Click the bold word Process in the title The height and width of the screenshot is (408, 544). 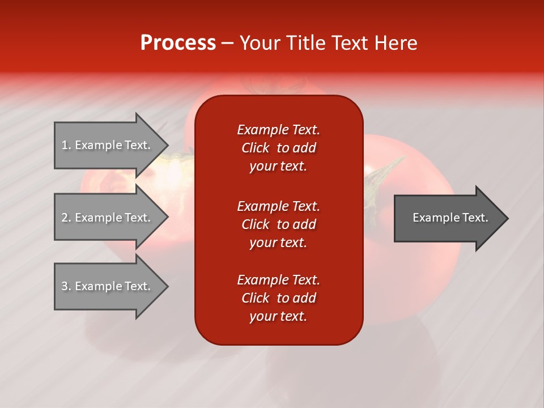178,43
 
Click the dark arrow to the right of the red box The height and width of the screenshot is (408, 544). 448,218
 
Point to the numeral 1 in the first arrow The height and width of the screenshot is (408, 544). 65,145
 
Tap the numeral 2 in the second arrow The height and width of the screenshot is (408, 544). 65,218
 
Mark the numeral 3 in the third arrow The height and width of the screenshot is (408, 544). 65,286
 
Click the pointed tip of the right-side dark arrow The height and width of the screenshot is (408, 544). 505,218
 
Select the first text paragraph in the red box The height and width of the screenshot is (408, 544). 278,148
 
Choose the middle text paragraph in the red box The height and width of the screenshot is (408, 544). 278,224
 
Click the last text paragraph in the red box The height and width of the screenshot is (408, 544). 278,298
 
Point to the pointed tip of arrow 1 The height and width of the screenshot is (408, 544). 166,145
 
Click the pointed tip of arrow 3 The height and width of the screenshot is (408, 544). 166,286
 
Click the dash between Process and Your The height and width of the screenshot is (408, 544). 227,44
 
